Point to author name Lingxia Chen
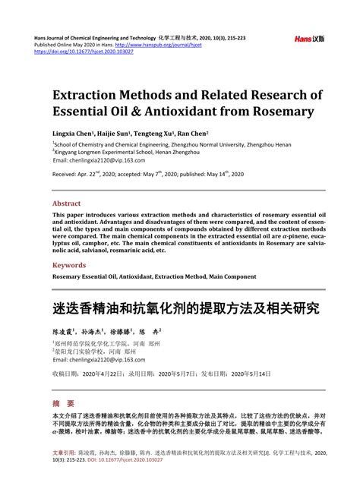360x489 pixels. tap(73, 131)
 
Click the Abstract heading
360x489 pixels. tap(66, 203)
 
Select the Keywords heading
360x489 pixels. tap(69, 265)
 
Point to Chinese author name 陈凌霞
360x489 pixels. tap(66, 311)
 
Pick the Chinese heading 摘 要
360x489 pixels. tap(63, 381)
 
